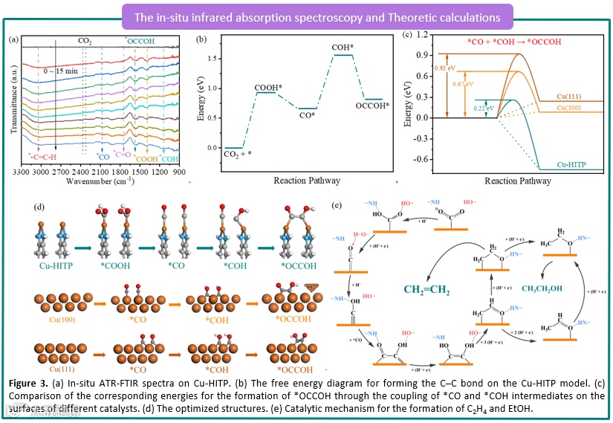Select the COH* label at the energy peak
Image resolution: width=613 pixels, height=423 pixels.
tap(343, 47)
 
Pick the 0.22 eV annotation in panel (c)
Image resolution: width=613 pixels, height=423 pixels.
tap(483, 109)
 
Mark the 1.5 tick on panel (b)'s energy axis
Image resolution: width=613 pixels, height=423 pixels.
tap(213, 57)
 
